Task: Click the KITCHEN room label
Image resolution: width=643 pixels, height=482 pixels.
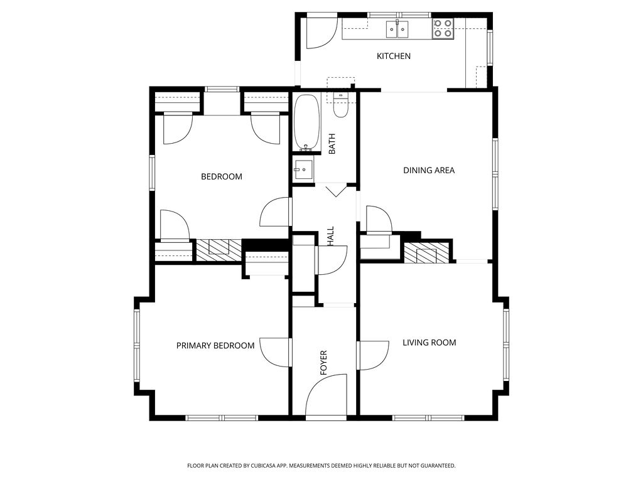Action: coord(394,56)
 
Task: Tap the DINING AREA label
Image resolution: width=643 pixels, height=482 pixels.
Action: coord(429,171)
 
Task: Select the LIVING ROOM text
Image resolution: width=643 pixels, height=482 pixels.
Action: coord(430,343)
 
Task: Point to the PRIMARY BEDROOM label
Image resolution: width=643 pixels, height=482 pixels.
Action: coord(215,346)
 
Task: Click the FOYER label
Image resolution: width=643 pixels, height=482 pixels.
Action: coord(323,363)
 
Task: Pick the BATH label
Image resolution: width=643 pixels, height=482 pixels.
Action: coord(332,144)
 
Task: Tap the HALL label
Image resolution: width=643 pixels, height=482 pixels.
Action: coord(330,237)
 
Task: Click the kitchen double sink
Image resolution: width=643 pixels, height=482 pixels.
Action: coord(397,29)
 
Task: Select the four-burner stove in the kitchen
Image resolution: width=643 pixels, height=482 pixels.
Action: coord(443,29)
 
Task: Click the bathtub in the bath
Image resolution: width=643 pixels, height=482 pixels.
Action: coord(306,122)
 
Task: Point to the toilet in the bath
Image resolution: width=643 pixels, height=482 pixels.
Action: coord(340,105)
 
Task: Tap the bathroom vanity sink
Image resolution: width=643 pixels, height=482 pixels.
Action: coord(303,169)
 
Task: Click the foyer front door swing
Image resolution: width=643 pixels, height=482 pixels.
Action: coord(326,395)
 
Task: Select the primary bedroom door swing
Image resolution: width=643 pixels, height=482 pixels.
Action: coord(275,353)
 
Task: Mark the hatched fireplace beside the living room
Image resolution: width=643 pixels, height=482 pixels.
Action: coord(426,253)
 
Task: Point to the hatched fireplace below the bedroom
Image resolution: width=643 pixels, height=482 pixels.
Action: coord(219,250)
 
